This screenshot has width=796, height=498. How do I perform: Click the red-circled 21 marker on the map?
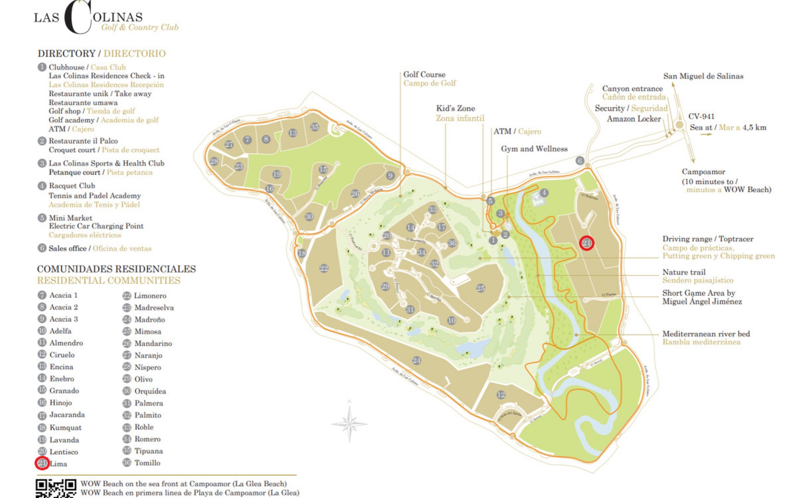[587, 243]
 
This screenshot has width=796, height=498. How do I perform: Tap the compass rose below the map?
[349, 424]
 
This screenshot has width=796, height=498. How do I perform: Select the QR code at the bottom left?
[56, 488]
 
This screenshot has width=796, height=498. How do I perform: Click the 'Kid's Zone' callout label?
[455, 108]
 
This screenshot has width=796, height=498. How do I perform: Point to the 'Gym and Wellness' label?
[534, 149]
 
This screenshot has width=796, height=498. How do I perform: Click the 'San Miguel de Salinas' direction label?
[703, 76]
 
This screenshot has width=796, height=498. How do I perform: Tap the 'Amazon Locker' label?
[633, 119]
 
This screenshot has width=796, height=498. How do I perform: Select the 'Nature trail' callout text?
[684, 272]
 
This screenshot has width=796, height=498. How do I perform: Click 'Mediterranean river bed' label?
[706, 334]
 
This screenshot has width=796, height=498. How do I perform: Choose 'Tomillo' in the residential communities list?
[147, 463]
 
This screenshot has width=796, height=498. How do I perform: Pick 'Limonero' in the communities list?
[150, 296]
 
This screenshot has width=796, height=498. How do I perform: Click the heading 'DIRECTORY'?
[66, 54]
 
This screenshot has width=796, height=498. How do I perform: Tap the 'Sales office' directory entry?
[68, 249]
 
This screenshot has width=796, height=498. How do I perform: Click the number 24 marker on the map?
[417, 360]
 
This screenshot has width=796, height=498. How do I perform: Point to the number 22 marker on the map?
[324, 269]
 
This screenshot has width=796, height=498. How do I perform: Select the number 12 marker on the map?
[501, 395]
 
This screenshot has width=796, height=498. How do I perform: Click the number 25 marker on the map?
[481, 288]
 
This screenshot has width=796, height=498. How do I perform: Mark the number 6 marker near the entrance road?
[580, 161]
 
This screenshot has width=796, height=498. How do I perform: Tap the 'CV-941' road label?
[701, 117]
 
